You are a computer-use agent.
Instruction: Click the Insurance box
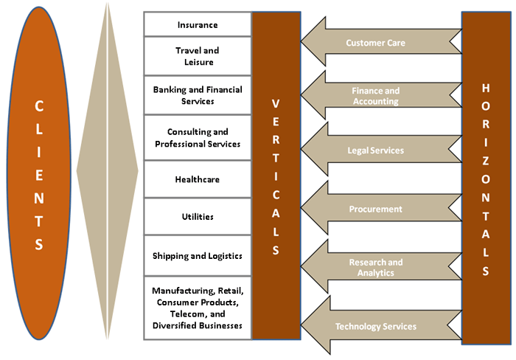pos(198,24)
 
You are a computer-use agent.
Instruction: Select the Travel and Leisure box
pos(198,56)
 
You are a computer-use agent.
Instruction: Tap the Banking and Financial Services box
pos(198,95)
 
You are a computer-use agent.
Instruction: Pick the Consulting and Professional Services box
pos(198,138)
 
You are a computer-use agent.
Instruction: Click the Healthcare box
pos(198,179)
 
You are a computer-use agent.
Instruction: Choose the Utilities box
pos(198,217)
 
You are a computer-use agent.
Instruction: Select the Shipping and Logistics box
pos(198,256)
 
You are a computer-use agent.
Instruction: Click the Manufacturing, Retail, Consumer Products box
pos(198,308)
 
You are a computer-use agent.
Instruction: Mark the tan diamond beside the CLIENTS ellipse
pos(108,174)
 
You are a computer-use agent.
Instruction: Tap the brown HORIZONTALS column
pos(485,177)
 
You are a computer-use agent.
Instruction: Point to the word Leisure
pos(198,62)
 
